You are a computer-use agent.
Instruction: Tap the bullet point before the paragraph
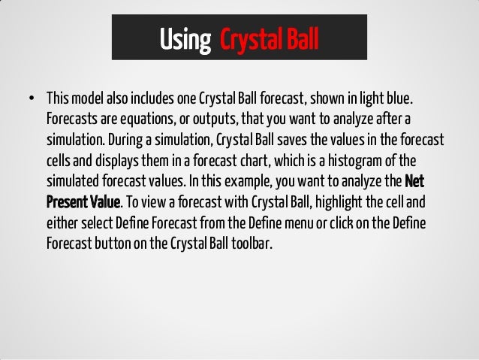31,100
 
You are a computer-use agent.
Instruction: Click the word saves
303,142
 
